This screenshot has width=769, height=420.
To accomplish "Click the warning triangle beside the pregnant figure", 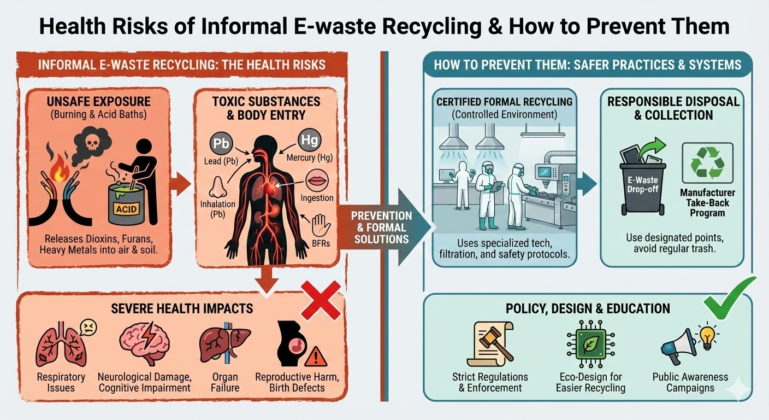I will tap(315, 356).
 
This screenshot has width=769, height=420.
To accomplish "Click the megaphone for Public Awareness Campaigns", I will tap(677, 347).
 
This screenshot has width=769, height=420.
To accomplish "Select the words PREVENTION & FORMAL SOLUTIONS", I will tap(374, 227).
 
